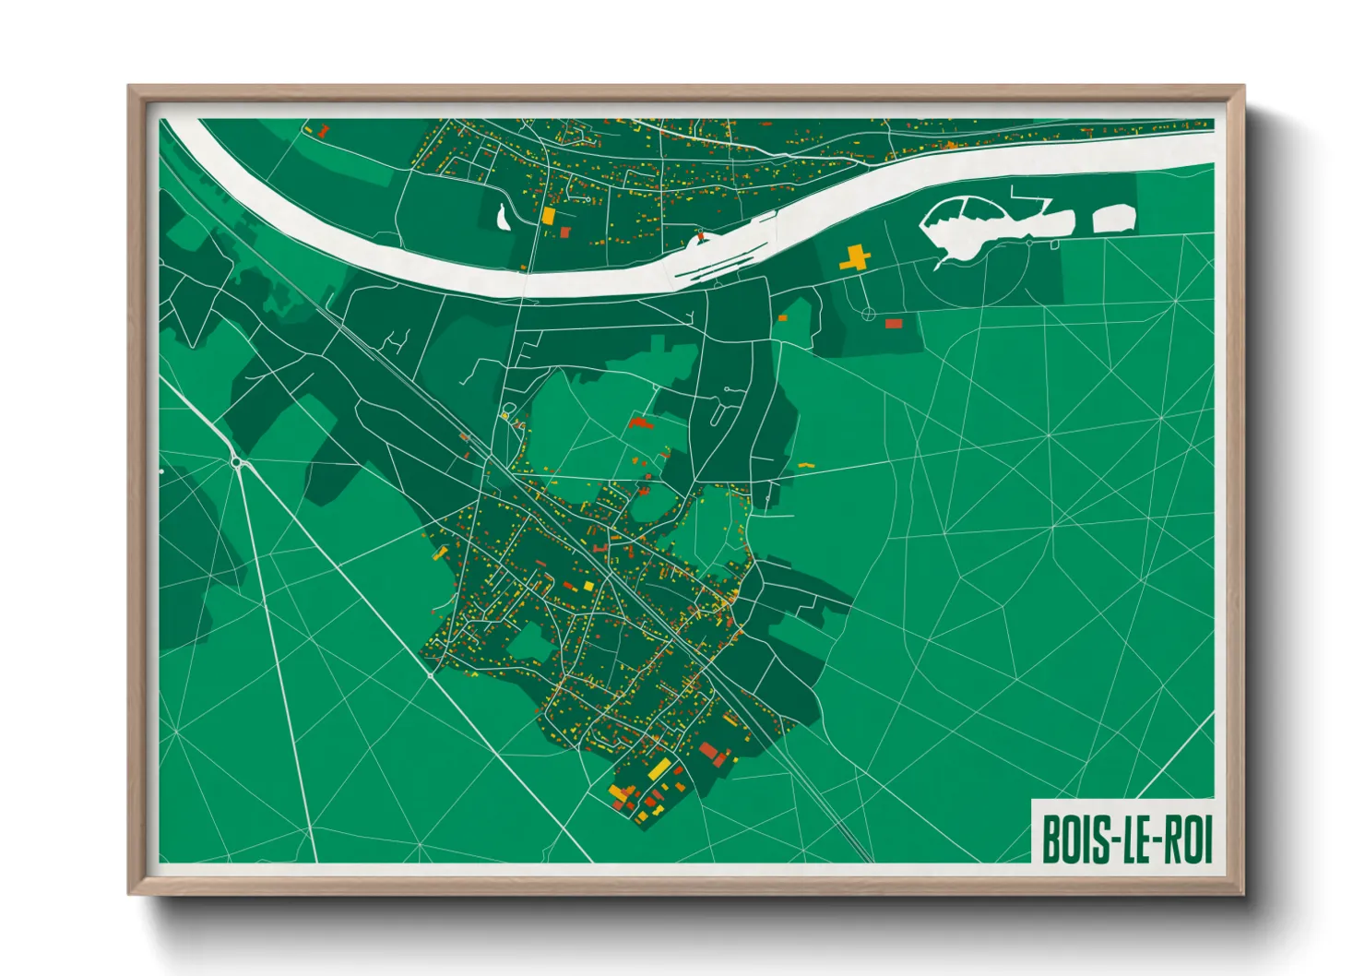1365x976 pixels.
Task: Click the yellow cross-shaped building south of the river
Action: [855, 257]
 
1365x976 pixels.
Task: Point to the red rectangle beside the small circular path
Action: [893, 324]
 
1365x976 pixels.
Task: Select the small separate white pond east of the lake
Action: [1113, 219]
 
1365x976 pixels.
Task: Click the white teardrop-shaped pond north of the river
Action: [502, 218]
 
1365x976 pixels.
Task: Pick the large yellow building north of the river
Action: [548, 216]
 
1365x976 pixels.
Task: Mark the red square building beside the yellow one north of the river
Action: [565, 232]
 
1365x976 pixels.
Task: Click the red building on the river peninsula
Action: [700, 236]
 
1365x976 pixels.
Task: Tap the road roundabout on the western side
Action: [237, 462]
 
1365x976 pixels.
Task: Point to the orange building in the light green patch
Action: [782, 318]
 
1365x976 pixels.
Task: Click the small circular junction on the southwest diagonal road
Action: [431, 675]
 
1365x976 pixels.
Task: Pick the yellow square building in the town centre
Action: [588, 586]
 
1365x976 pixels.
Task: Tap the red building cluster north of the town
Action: [639, 423]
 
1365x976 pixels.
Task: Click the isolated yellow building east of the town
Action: [805, 466]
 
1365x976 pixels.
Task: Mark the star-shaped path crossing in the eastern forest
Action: [1049, 434]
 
